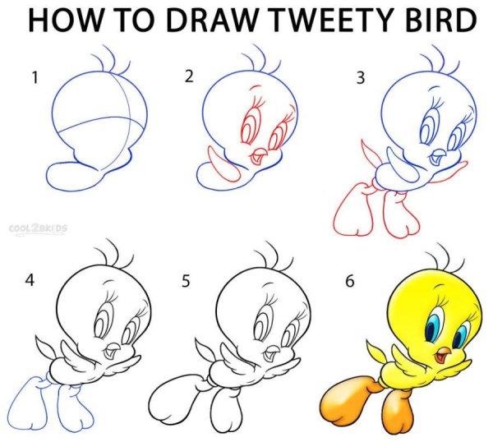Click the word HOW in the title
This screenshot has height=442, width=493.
click(x=65, y=20)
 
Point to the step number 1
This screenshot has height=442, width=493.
click(x=35, y=78)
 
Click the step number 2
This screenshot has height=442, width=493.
click(x=189, y=76)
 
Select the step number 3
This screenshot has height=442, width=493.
click(x=361, y=78)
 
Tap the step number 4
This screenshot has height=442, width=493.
click(x=30, y=279)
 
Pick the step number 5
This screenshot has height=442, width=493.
click(x=186, y=281)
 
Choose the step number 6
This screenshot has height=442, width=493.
click(x=350, y=281)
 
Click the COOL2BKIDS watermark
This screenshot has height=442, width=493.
click(x=38, y=228)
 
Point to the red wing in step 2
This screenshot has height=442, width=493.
click(x=223, y=164)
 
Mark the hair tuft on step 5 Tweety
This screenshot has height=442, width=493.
click(x=274, y=255)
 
